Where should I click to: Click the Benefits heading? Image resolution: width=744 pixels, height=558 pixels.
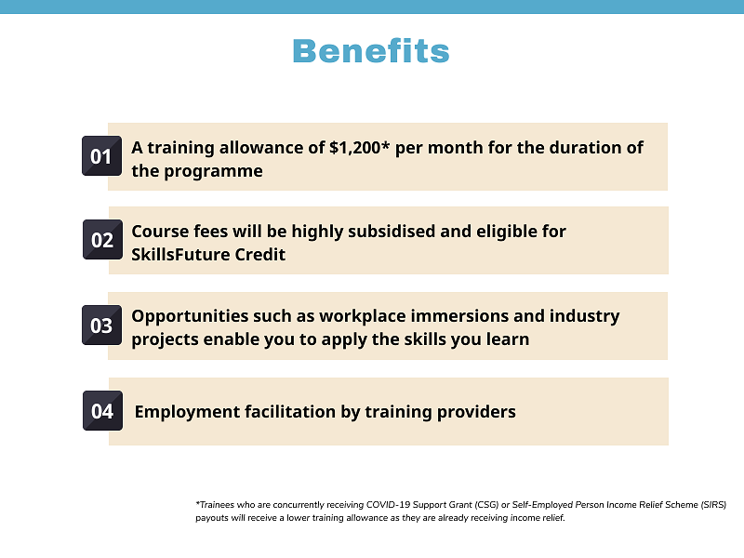pyautogui.click(x=371, y=51)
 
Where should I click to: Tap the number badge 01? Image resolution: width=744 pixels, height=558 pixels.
pyautogui.click(x=101, y=155)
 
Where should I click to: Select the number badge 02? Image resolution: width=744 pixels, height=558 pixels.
pyautogui.click(x=102, y=239)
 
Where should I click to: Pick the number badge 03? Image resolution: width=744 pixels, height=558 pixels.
pyautogui.click(x=101, y=325)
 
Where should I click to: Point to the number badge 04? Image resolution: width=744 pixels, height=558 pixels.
pyautogui.click(x=102, y=410)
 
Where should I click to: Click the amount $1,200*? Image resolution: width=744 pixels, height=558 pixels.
pyautogui.click(x=360, y=148)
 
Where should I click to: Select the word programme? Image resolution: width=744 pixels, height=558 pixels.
pyautogui.click(x=213, y=172)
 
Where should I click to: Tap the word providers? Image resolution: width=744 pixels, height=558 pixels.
pyautogui.click(x=476, y=412)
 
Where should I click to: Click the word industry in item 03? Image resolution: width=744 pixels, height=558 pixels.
pyautogui.click(x=585, y=316)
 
